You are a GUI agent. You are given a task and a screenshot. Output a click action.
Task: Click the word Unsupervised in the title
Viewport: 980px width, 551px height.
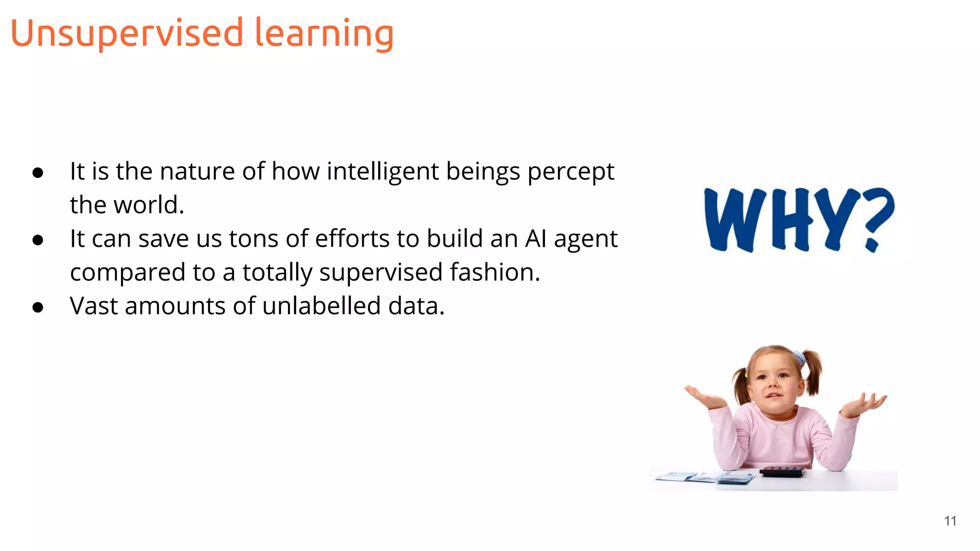[x=127, y=33]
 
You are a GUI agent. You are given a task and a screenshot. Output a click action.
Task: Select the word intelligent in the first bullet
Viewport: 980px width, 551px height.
[x=383, y=171]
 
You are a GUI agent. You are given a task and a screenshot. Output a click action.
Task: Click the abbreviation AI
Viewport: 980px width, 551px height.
[x=535, y=239]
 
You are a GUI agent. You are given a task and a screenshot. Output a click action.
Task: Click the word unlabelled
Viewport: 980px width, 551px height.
[x=322, y=306]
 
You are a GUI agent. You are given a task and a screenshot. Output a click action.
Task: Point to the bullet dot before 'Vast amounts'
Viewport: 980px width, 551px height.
[x=38, y=308]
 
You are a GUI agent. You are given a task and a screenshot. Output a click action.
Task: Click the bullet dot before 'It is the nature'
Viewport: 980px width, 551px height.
[x=38, y=173]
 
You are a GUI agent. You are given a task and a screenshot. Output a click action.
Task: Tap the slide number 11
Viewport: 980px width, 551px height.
[x=950, y=521]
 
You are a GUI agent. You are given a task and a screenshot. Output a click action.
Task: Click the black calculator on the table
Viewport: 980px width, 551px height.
[x=783, y=471]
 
